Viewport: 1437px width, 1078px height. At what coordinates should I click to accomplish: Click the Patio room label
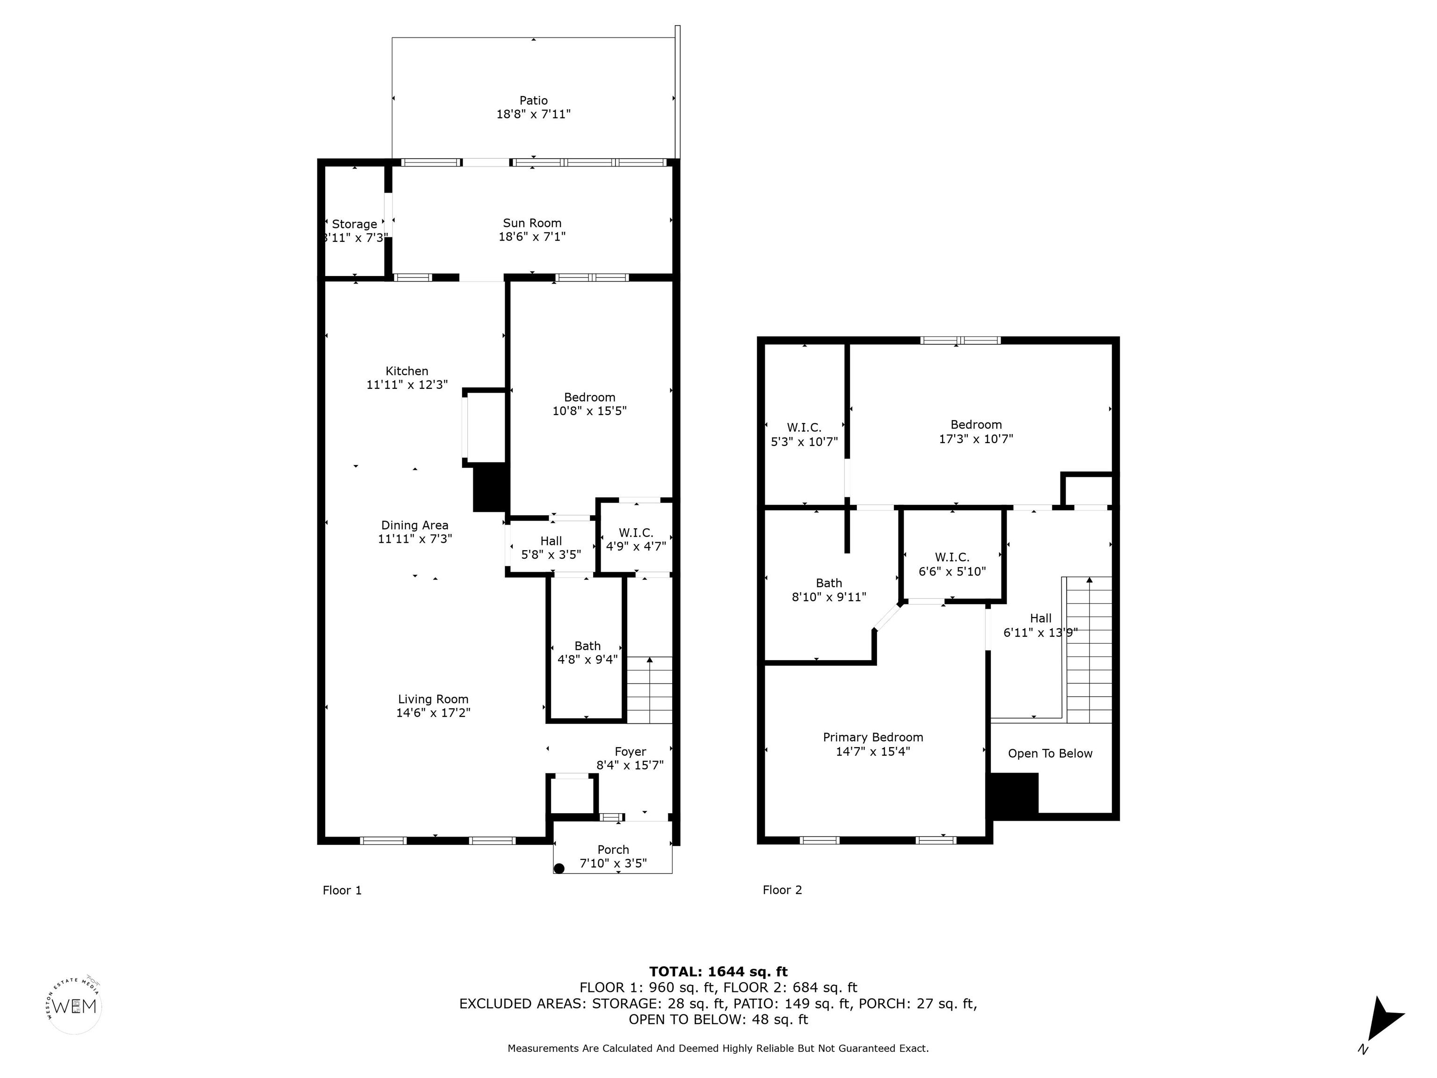pyautogui.click(x=533, y=101)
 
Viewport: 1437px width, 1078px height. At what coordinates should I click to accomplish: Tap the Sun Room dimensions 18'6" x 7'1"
pyautogui.click(x=532, y=237)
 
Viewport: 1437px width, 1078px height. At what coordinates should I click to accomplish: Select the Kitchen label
pyautogui.click(x=406, y=371)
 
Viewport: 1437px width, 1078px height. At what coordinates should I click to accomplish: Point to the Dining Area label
pyautogui.click(x=414, y=525)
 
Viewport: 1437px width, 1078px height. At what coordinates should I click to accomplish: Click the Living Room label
pyautogui.click(x=433, y=699)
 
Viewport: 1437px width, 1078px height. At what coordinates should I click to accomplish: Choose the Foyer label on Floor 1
pyautogui.click(x=630, y=752)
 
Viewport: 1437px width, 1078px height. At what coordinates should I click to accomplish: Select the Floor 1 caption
pyautogui.click(x=342, y=890)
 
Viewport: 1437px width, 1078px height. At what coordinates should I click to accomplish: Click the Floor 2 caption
pyautogui.click(x=782, y=890)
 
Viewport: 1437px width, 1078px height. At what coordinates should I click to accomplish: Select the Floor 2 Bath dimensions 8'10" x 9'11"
pyautogui.click(x=829, y=597)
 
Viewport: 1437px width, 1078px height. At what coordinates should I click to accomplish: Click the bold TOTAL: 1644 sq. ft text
pyautogui.click(x=718, y=971)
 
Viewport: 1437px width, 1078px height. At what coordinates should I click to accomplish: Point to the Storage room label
pyautogui.click(x=354, y=224)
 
